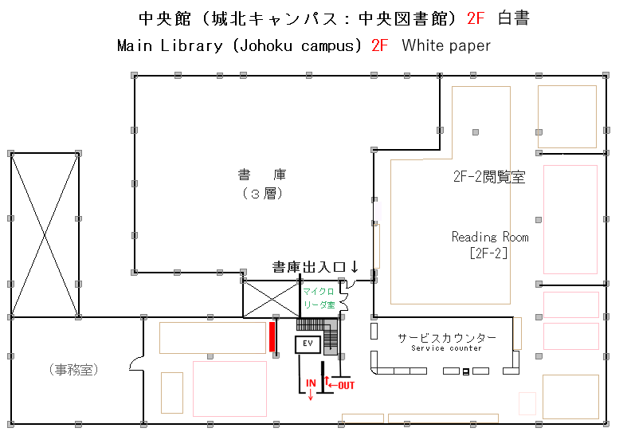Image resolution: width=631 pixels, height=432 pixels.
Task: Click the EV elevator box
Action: tap(308, 344)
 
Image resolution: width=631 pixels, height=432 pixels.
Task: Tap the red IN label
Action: tap(311, 383)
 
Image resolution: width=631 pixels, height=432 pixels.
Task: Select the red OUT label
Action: tap(346, 385)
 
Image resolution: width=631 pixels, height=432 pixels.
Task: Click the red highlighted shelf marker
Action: tap(272, 336)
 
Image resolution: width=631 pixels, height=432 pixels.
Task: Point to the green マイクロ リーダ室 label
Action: tap(319, 298)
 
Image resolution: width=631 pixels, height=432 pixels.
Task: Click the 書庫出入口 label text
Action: tap(308, 267)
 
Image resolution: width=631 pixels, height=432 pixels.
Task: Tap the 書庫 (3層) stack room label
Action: tap(262, 184)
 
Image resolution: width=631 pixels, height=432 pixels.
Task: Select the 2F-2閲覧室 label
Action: tap(489, 176)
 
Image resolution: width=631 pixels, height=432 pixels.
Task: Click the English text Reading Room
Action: tap(490, 237)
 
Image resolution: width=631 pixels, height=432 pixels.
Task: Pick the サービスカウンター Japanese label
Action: tap(447, 338)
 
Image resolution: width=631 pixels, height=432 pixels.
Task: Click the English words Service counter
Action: tap(446, 348)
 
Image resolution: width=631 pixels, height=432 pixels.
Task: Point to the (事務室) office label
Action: tap(73, 369)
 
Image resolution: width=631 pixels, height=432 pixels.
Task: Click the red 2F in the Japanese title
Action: tap(476, 18)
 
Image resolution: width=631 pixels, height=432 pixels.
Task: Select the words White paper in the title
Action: tap(446, 45)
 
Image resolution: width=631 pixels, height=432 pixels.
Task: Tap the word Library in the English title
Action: tap(191, 45)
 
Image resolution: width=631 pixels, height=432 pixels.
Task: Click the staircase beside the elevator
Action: tap(331, 336)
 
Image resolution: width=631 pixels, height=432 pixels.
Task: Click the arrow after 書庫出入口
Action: tap(355, 266)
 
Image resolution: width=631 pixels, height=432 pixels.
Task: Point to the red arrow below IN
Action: tap(311, 395)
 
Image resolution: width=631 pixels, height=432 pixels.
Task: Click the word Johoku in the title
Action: tap(265, 45)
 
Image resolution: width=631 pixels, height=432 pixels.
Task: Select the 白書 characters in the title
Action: tap(514, 18)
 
